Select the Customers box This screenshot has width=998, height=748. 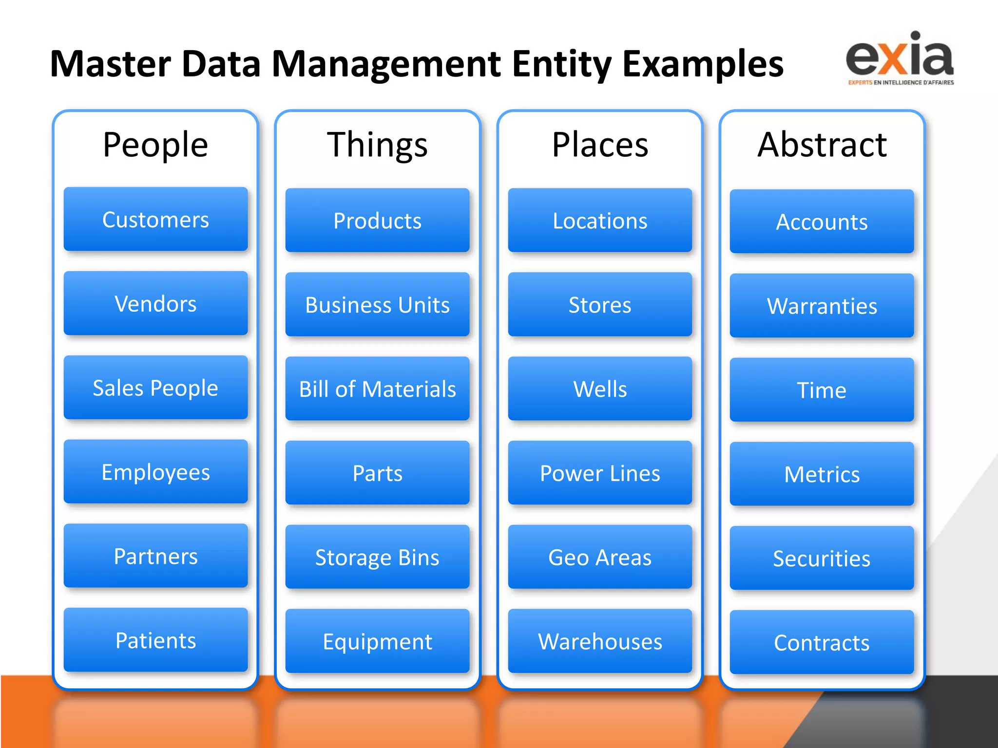pos(155,220)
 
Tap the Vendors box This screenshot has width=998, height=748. pos(155,304)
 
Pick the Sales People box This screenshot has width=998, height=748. pos(155,388)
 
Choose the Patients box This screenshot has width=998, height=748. pos(155,640)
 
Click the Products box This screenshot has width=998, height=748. pos(377,221)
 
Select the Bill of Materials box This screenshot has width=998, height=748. pos(377,389)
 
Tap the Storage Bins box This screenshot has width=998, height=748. pos(377,557)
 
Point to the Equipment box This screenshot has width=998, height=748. pos(377,641)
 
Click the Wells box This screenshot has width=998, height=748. pos(600,389)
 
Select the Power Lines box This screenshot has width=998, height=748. pos(600,473)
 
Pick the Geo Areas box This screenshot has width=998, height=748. pos(600,557)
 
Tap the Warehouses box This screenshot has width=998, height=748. pos(600,641)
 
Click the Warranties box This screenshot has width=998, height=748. pos(822,306)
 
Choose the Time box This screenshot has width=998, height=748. pos(822,390)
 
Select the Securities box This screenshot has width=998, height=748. pos(822,559)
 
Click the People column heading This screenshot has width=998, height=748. pos(155,145)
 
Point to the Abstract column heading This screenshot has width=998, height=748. pos(822,145)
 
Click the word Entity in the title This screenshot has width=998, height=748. pos(562,64)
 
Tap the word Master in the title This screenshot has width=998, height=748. pos(111,64)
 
